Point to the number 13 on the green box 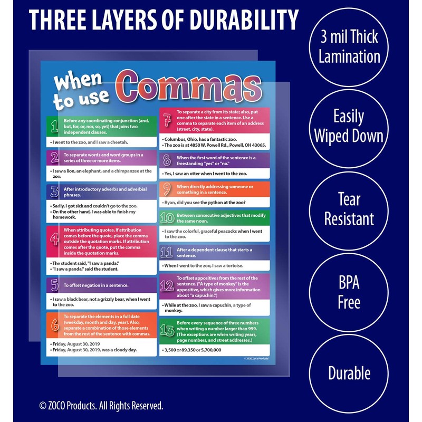click(167, 331)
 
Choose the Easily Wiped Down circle click(349, 127)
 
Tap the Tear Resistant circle click(349, 209)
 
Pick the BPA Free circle click(349, 292)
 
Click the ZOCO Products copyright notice click(101, 405)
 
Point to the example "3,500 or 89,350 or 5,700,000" click(193, 350)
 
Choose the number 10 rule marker click(167, 218)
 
